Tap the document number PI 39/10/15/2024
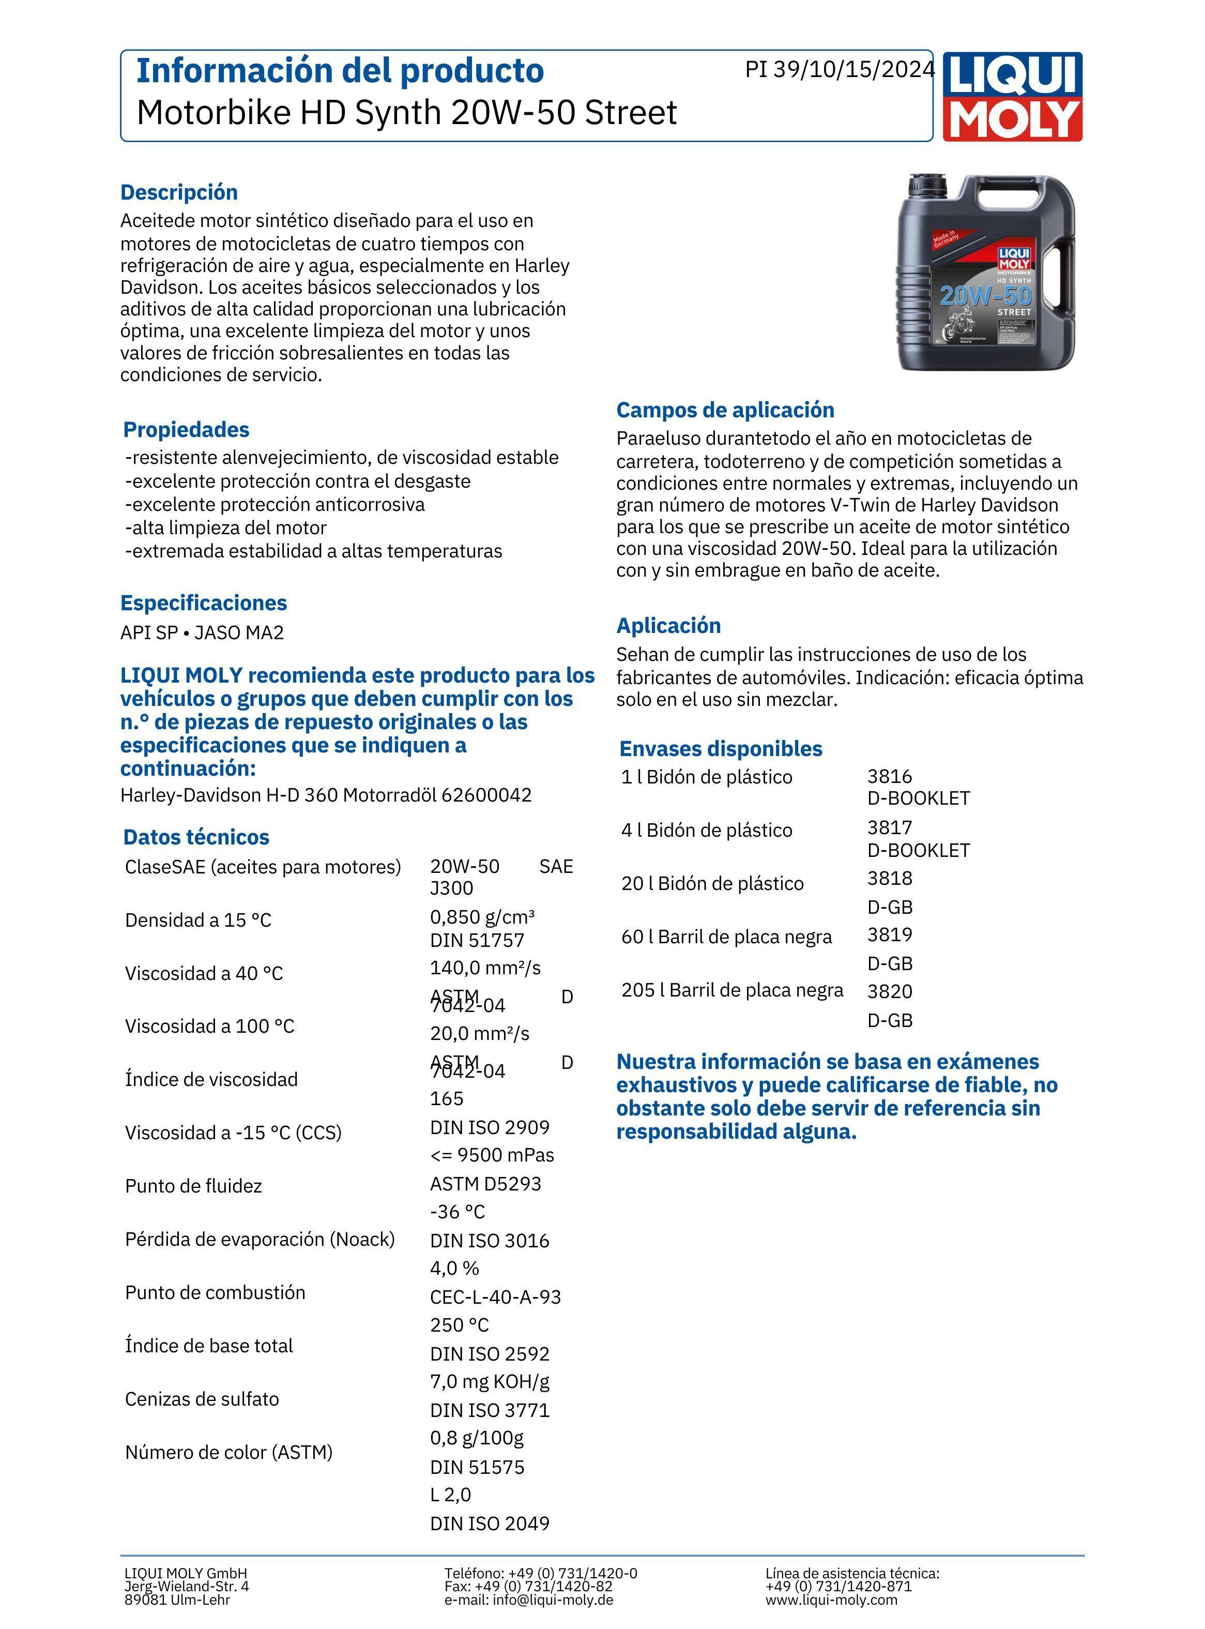click(839, 69)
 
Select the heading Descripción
click(179, 192)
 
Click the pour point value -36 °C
click(457, 1211)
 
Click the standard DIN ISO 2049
click(490, 1523)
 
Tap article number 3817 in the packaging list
click(889, 827)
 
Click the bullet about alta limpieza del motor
click(226, 527)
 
